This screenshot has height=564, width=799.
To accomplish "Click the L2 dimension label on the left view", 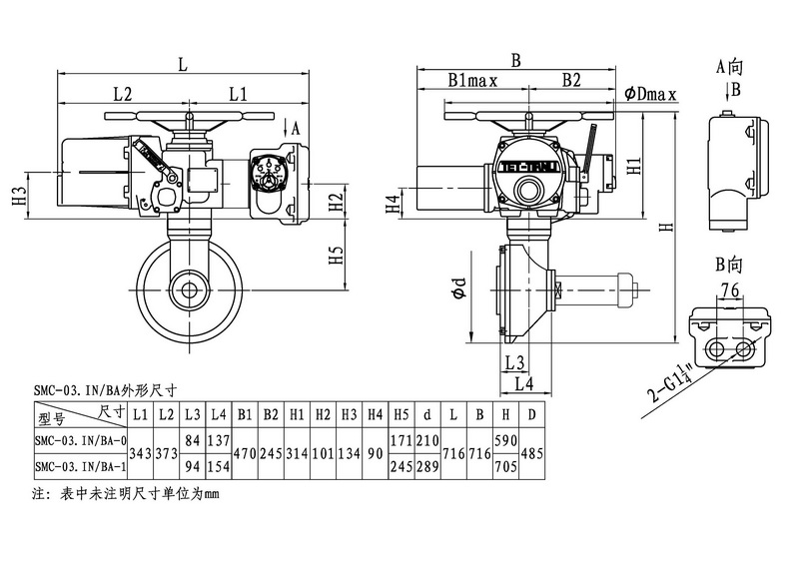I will [x=123, y=94].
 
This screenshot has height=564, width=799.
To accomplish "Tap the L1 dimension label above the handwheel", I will [x=238, y=94].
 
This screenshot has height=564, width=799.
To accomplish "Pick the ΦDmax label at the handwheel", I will [x=651, y=94].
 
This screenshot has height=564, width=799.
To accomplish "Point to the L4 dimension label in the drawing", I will [x=521, y=383].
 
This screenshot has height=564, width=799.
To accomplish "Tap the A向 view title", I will [x=731, y=67].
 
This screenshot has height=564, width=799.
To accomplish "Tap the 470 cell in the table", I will [x=246, y=453].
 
